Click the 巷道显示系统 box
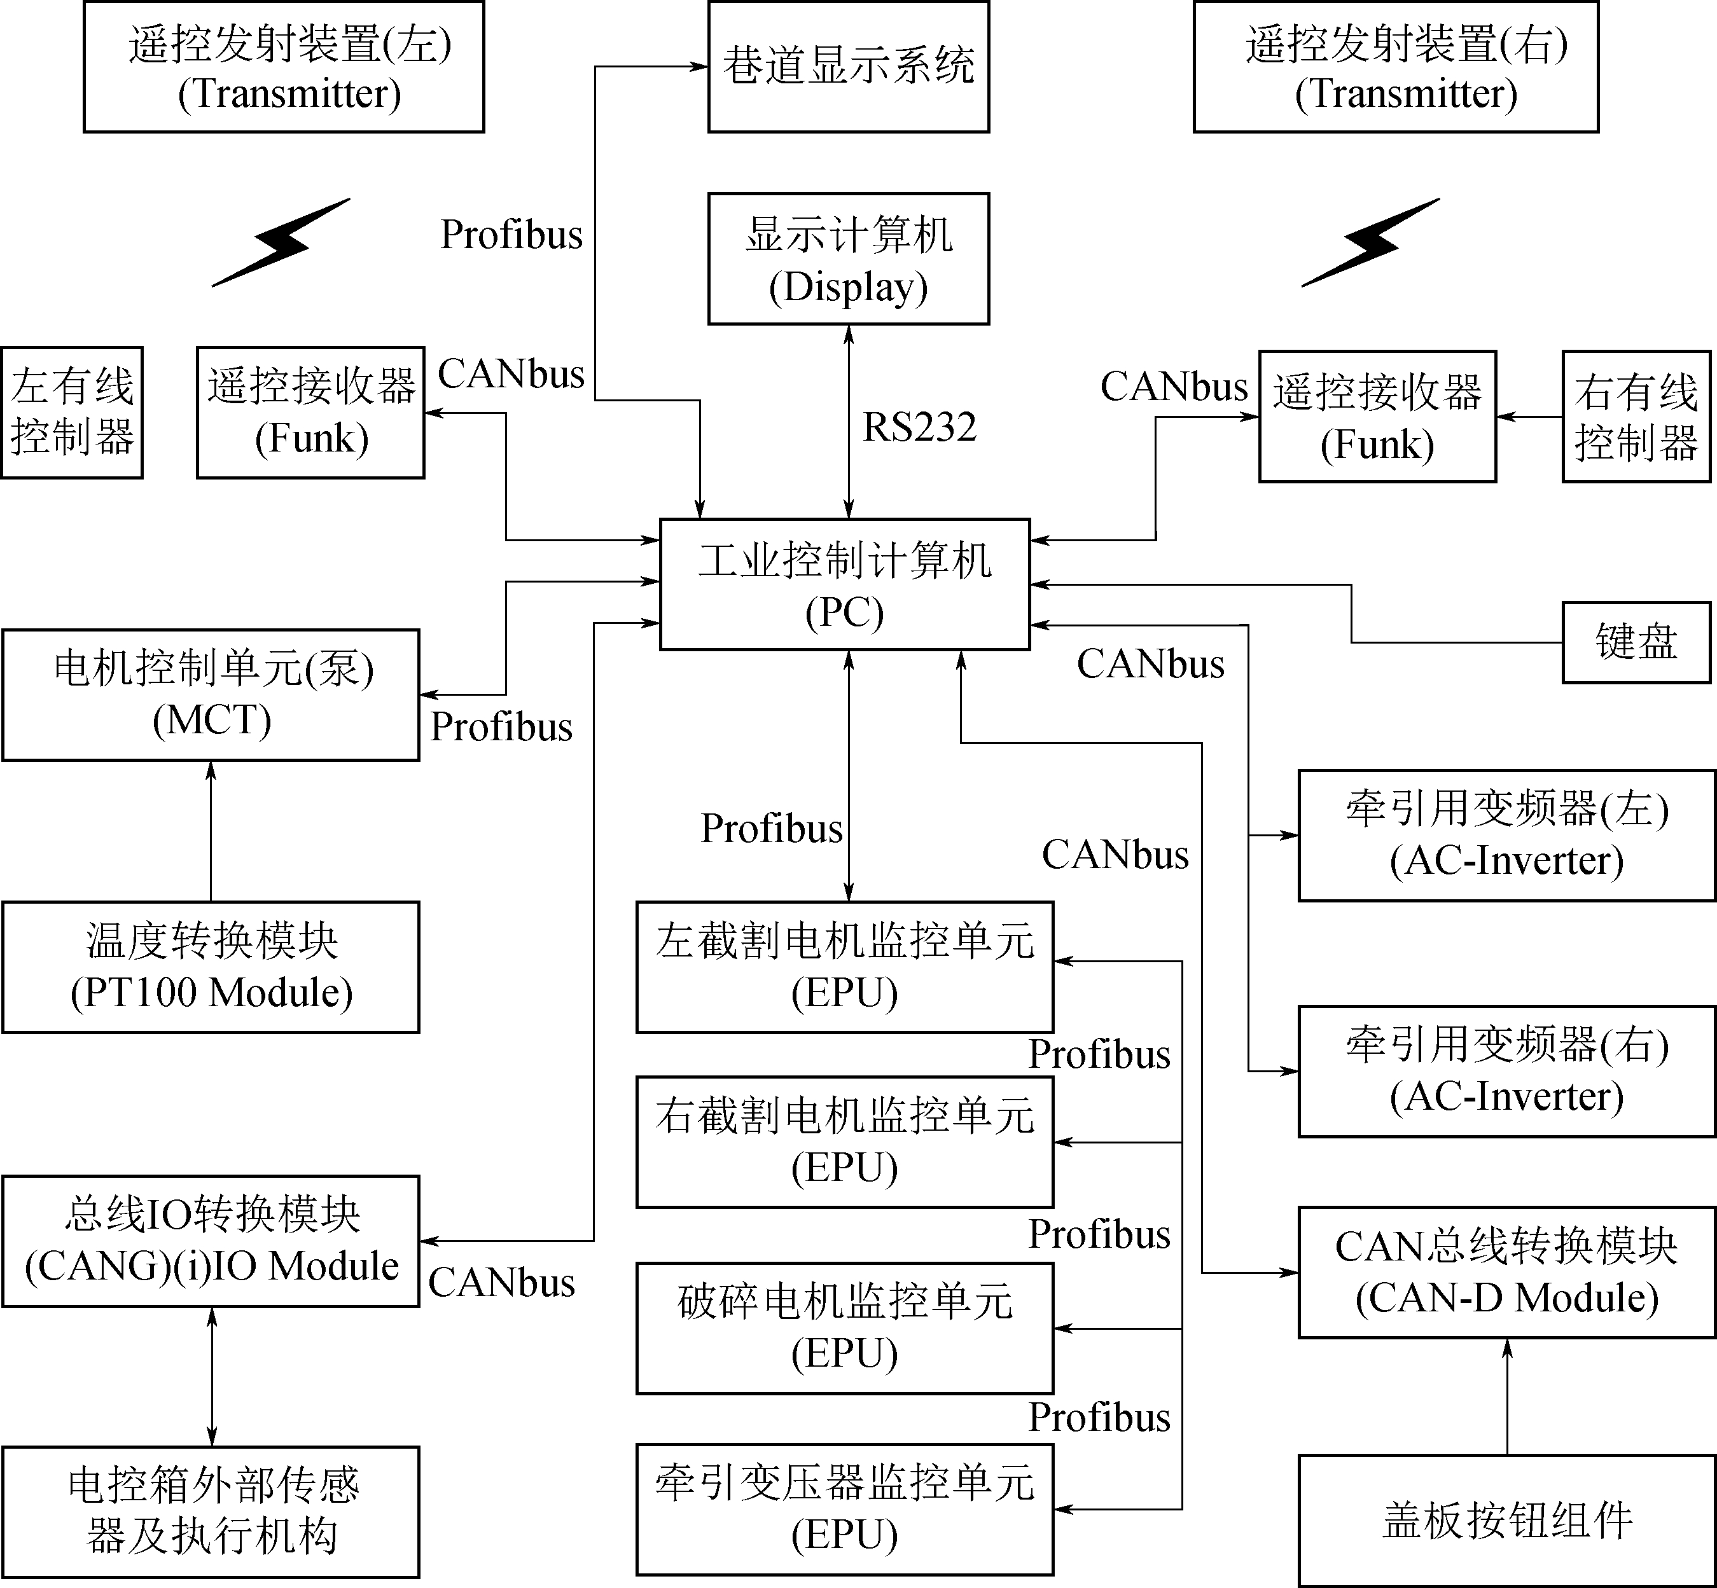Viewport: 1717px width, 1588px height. (x=848, y=66)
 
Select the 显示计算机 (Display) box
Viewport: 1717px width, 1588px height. (x=848, y=259)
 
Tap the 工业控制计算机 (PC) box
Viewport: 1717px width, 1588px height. (x=844, y=584)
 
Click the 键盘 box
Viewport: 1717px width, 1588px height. (x=1636, y=642)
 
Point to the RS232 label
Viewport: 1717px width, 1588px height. (x=919, y=427)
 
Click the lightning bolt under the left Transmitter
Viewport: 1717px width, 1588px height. (x=282, y=242)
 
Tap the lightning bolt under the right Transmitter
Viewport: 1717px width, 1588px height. (x=1371, y=242)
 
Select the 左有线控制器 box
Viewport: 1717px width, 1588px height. (x=72, y=413)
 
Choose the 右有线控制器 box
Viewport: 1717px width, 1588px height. (x=1636, y=416)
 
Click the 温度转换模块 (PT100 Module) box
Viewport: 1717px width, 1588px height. (x=211, y=967)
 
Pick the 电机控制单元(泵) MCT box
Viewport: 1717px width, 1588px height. (x=211, y=694)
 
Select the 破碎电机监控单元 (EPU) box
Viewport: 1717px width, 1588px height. (x=844, y=1328)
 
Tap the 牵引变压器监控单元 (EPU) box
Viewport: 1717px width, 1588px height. (x=844, y=1509)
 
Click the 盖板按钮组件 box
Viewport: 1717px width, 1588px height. (x=1506, y=1520)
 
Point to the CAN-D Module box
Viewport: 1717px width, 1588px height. (x=1506, y=1272)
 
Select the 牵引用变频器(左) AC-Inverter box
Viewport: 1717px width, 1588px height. (x=1506, y=835)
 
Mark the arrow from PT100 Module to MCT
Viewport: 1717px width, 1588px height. (x=211, y=831)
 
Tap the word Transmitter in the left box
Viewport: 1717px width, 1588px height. (x=289, y=93)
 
